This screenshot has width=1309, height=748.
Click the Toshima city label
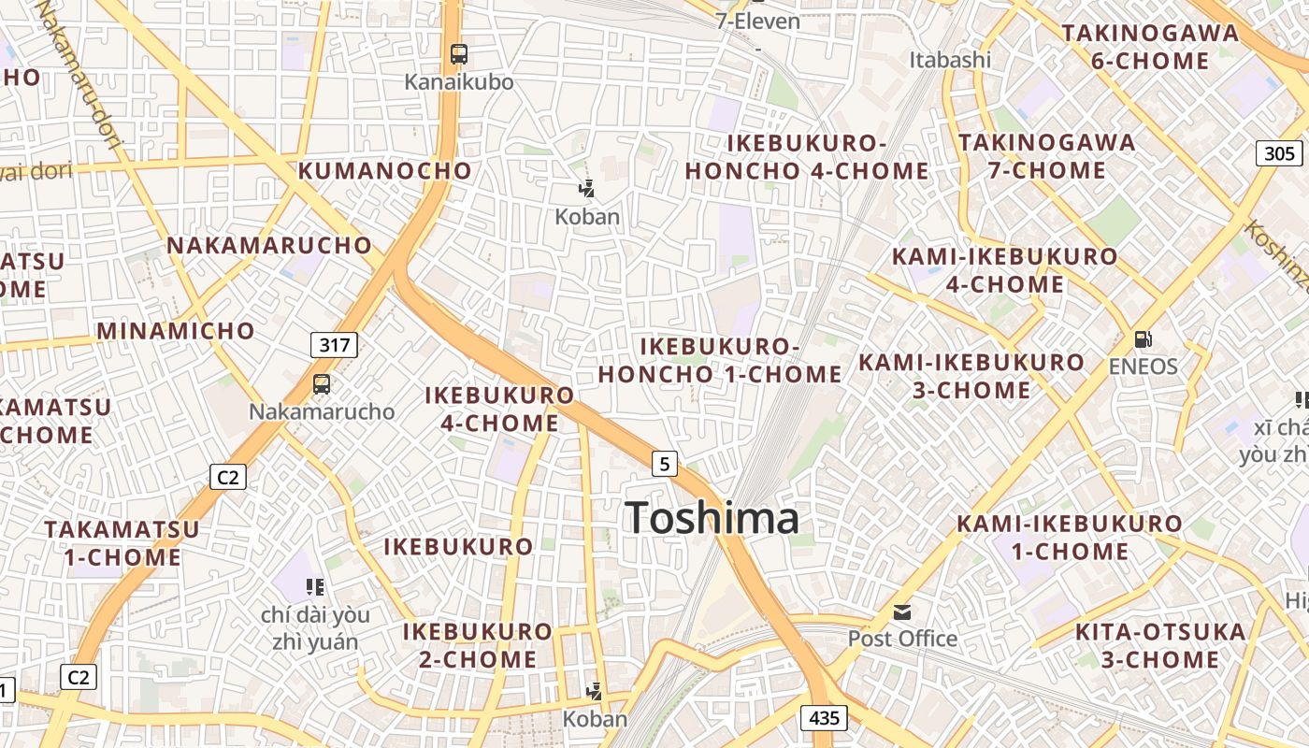pos(712,518)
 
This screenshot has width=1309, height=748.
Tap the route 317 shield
pos(335,345)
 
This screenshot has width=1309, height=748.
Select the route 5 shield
pos(664,463)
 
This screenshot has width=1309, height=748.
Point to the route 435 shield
pos(824,718)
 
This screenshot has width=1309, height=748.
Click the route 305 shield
pos(1279,153)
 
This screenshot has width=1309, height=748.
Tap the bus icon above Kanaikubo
pos(458,54)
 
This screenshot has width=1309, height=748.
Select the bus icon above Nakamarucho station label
pos(321,383)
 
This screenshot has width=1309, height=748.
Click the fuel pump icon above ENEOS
pos(1142,338)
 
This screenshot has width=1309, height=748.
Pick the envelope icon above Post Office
pos(902,612)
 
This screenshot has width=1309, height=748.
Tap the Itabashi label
pos(950,60)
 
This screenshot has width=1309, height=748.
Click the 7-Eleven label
pos(758,21)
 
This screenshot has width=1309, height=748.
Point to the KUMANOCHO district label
pos(385,171)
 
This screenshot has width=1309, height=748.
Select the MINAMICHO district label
pos(176,331)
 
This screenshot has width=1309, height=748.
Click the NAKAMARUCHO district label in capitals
pos(269,246)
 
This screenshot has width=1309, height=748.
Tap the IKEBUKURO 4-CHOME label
pos(499,410)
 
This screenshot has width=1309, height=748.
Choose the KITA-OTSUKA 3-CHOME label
pos(1159,645)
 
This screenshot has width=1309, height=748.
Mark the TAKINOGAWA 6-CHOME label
pos(1149,47)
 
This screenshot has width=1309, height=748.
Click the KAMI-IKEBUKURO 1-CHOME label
pos(1070,538)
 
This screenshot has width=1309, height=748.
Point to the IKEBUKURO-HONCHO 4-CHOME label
pos(807,157)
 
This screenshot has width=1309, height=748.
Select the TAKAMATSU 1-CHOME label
pos(122,543)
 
